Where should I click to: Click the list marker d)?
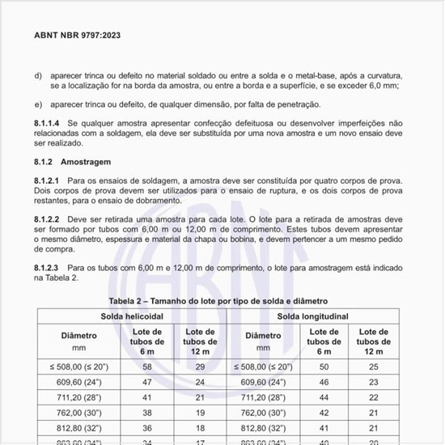click(38, 74)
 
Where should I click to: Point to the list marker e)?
click(38, 104)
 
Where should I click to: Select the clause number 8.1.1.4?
click(50, 121)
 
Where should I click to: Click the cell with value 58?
click(146, 366)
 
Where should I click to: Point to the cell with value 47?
click(146, 382)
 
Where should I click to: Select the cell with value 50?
click(324, 366)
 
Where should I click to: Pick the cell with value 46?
click(324, 382)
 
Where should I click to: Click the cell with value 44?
click(324, 398)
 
